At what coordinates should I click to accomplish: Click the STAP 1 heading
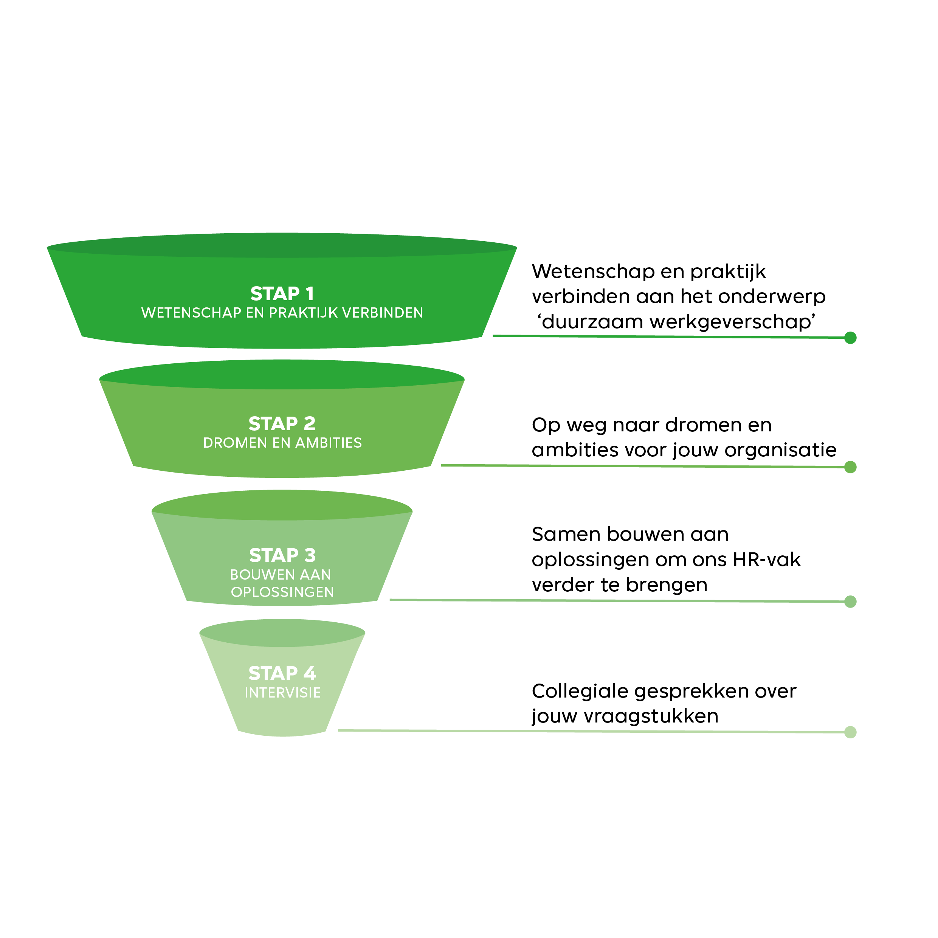[x=282, y=294]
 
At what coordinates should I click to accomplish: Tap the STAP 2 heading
[x=282, y=424]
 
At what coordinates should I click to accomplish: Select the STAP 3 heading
[x=282, y=555]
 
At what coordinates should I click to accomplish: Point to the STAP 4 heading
[x=282, y=673]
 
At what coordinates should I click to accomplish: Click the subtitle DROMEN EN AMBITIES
[x=282, y=443]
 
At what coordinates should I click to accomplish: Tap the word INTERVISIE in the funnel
[x=282, y=693]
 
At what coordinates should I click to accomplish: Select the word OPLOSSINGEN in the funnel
[x=282, y=592]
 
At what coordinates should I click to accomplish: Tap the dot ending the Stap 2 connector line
[x=850, y=467]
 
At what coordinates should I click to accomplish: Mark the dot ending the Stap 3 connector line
[x=850, y=602]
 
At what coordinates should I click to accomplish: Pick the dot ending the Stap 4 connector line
[x=850, y=732]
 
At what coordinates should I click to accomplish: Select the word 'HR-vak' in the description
[x=767, y=560]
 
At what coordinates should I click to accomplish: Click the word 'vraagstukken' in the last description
[x=651, y=716]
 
